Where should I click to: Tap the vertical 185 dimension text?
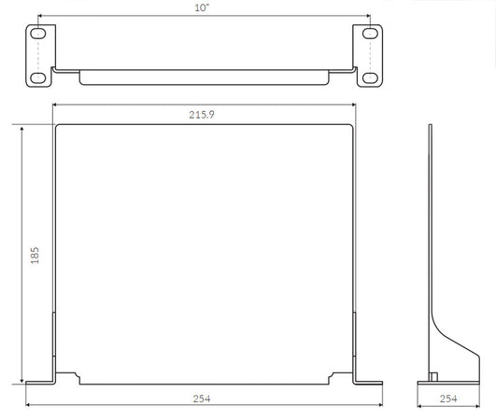[x=35, y=255]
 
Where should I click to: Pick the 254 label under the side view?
[x=450, y=399]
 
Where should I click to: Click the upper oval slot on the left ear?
[x=37, y=34]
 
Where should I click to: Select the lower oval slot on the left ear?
[x=37, y=77]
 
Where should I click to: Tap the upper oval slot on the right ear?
[x=370, y=34]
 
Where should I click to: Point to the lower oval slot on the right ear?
[x=370, y=77]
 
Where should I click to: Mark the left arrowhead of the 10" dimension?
[x=40, y=17]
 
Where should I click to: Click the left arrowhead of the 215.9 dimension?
[x=56, y=105]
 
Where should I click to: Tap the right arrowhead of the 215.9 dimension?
[x=352, y=105]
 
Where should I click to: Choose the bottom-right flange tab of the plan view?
[x=366, y=381]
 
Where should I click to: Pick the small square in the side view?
[x=433, y=376]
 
